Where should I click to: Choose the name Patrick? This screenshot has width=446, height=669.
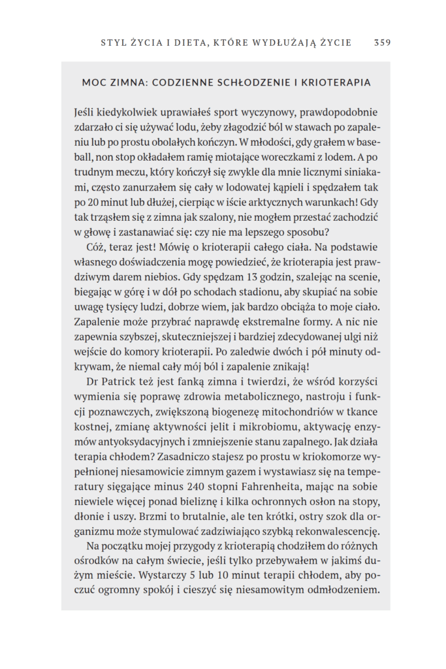(121, 382)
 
